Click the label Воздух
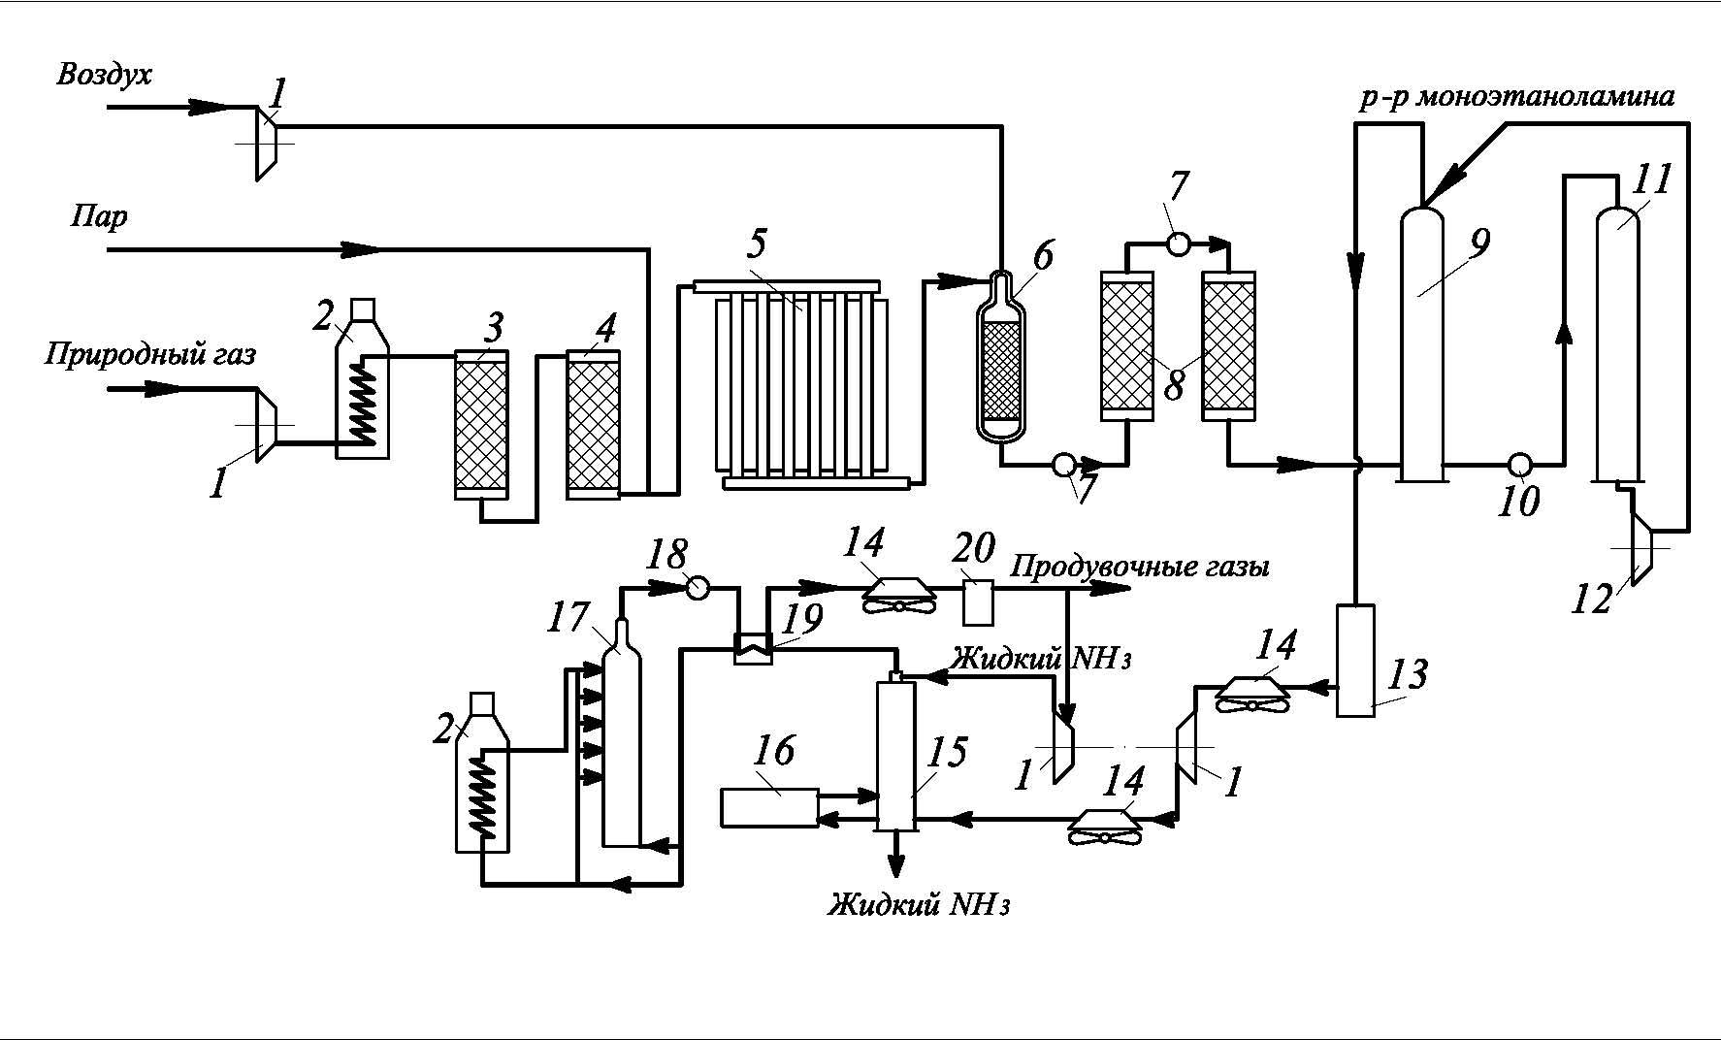tap(105, 75)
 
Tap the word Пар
tap(99, 215)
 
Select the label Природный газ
tap(150, 354)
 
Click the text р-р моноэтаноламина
tap(1516, 97)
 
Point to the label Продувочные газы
tap(1140, 566)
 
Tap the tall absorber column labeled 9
tap(1422, 349)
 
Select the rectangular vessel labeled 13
tap(1355, 660)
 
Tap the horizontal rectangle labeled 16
tap(769, 807)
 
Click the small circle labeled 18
tap(698, 588)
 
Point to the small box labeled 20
tap(978, 602)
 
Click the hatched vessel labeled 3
tap(481, 427)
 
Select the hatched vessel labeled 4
tap(593, 427)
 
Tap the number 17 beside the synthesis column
tap(568, 617)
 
